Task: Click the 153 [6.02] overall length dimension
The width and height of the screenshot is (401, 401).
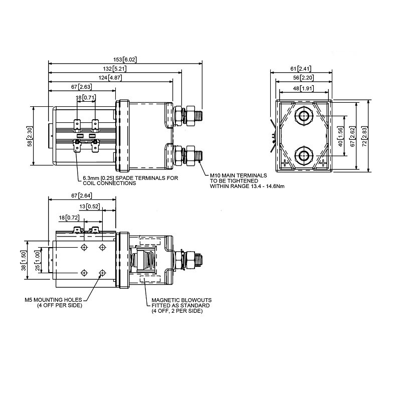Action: [125, 60]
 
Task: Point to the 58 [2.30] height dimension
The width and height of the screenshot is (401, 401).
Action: [30, 136]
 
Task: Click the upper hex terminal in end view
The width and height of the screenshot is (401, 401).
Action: [302, 116]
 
